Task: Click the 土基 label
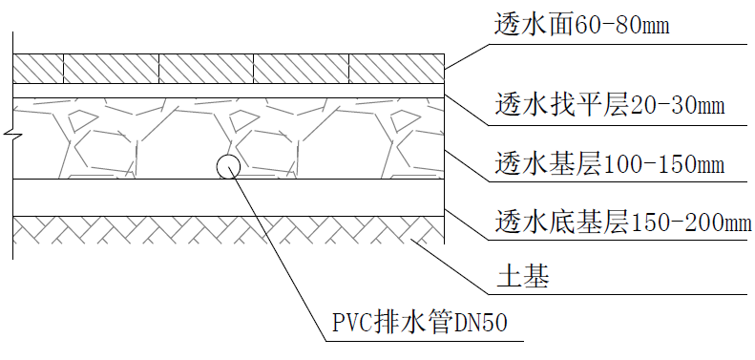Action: coord(520,279)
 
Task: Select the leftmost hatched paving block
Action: coord(38,68)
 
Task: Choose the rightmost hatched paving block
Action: coord(395,68)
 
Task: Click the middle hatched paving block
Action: coord(206,68)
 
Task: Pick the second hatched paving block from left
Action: coord(111,68)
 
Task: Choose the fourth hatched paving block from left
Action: coord(302,68)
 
